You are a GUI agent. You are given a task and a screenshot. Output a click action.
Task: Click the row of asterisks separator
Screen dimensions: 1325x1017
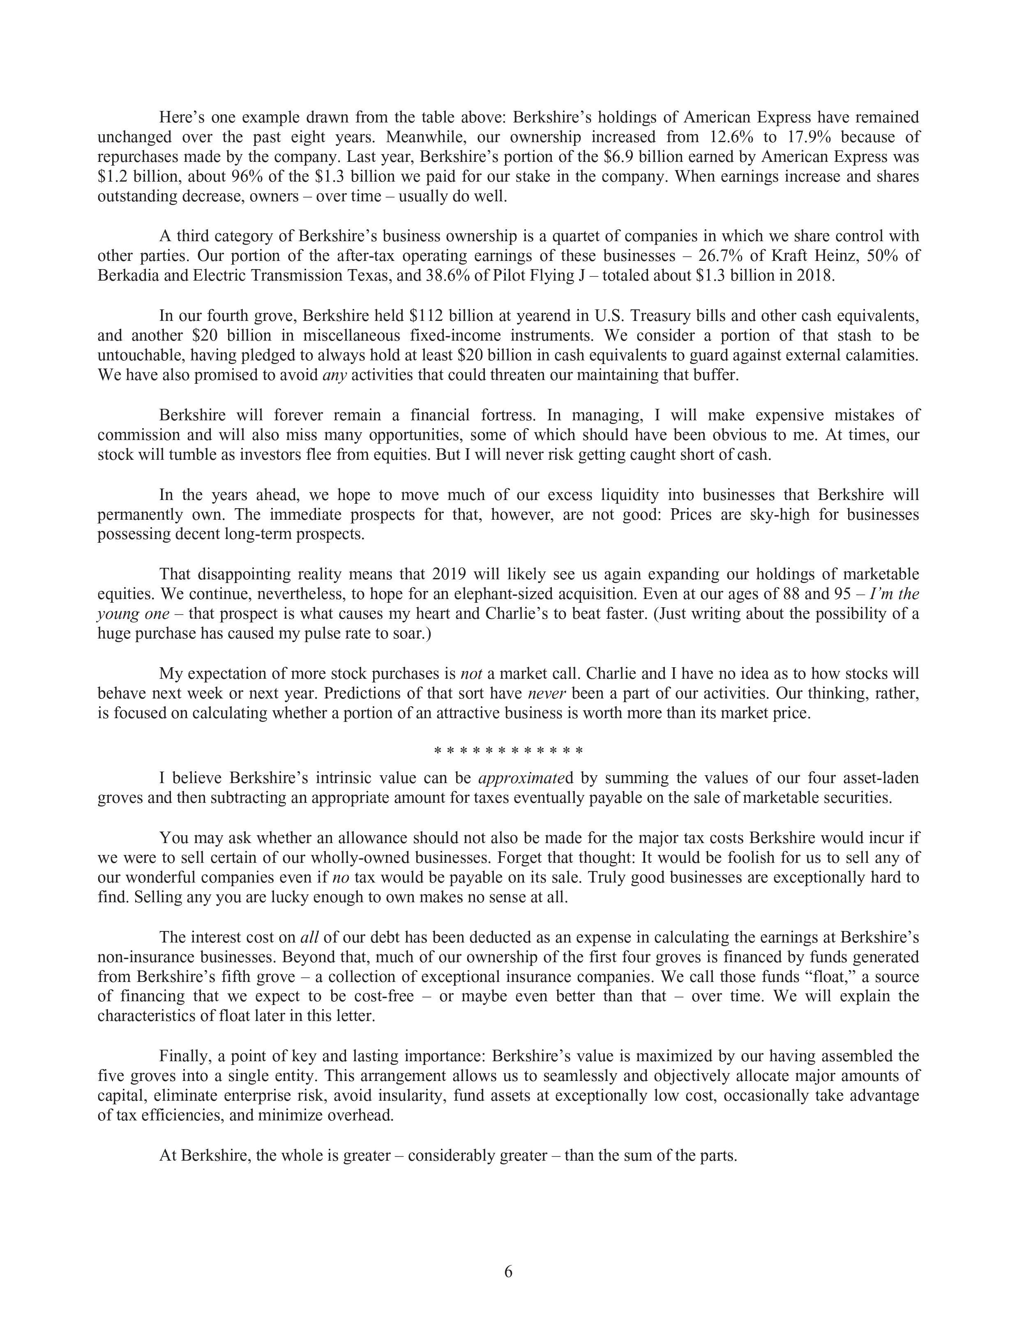509,751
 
